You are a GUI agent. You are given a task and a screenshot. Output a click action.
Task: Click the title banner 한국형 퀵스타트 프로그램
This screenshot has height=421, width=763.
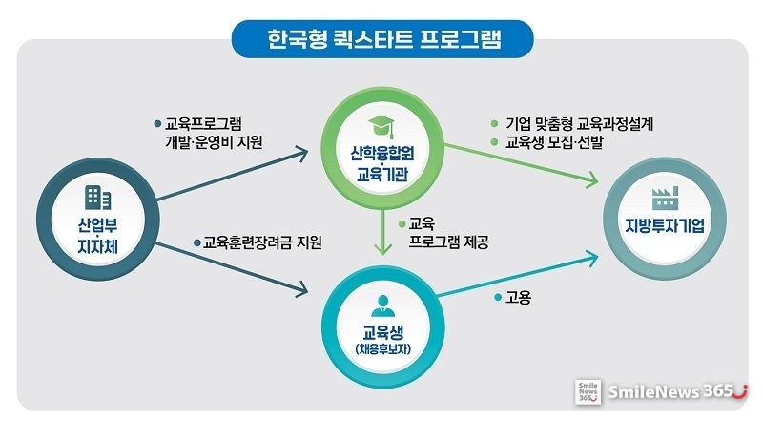click(382, 39)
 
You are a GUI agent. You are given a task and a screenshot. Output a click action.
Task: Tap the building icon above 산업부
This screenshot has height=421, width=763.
click(98, 198)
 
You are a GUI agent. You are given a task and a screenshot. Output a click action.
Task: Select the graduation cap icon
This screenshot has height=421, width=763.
click(381, 127)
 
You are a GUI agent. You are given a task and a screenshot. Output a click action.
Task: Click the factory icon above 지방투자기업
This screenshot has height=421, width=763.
click(665, 199)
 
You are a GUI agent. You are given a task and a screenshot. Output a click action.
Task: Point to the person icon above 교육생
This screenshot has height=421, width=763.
click(383, 306)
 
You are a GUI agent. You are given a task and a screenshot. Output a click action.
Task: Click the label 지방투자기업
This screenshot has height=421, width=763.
click(665, 225)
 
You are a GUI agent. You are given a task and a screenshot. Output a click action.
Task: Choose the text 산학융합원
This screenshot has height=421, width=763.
click(382, 154)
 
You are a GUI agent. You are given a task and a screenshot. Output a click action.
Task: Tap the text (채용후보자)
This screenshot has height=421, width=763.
click(383, 349)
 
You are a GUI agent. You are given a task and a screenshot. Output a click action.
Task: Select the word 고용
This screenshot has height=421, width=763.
click(518, 297)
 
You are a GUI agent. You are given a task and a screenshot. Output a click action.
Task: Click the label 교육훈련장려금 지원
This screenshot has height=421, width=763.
click(262, 242)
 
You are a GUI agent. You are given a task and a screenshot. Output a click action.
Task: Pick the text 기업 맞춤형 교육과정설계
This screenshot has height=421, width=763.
click(579, 124)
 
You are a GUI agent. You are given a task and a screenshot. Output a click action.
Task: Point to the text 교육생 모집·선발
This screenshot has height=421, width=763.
click(554, 142)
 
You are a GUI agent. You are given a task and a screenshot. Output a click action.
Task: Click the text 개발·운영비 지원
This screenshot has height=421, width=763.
click(214, 142)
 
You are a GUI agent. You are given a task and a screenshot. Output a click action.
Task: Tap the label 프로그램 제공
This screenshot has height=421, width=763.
click(448, 242)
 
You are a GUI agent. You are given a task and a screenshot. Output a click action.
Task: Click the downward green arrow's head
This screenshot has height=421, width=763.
click(383, 248)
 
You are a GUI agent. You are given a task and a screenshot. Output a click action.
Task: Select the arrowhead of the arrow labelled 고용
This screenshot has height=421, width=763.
click(591, 259)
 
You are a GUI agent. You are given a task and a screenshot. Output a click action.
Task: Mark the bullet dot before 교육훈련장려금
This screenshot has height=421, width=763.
click(197, 242)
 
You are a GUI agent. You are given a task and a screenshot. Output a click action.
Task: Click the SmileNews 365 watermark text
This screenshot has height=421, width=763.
click(677, 391)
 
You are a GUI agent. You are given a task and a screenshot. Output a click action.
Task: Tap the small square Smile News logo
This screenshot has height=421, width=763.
click(588, 391)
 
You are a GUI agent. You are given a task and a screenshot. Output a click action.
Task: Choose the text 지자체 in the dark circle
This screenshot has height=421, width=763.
click(98, 246)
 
